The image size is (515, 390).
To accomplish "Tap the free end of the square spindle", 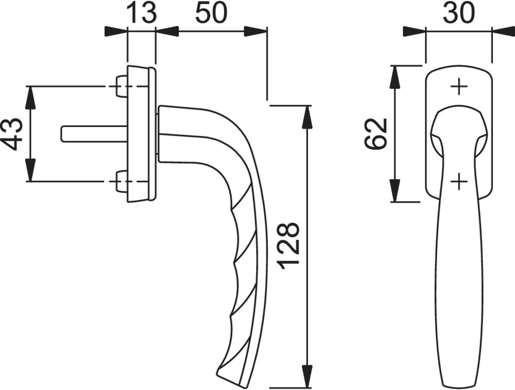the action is tap(62, 134).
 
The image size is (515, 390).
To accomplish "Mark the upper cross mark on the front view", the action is tap(459, 87).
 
